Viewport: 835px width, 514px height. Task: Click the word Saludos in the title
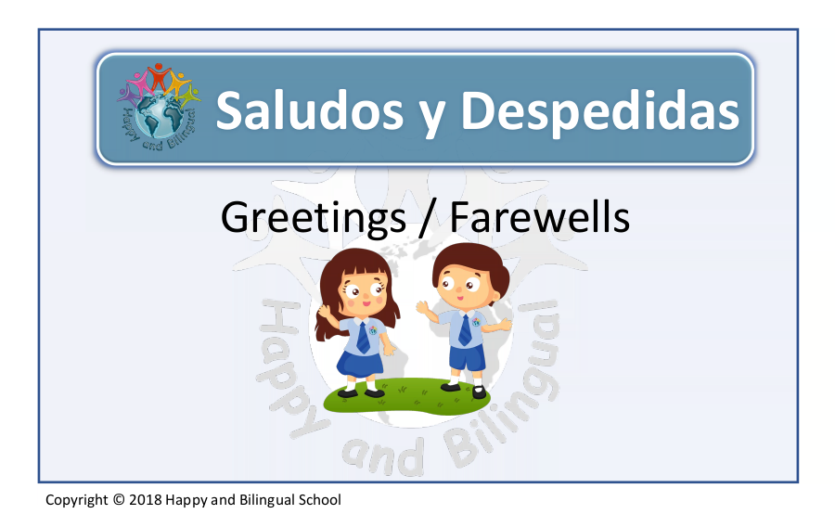tap(309, 110)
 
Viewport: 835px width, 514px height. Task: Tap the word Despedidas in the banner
tap(599, 109)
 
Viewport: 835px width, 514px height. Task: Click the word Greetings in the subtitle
tap(314, 218)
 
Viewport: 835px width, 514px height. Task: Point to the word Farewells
tap(540, 217)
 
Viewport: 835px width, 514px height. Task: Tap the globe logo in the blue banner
tap(159, 106)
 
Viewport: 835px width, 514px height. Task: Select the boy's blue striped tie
tap(465, 329)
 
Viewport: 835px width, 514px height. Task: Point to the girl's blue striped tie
tap(363, 338)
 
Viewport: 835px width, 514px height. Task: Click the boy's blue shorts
tap(467, 357)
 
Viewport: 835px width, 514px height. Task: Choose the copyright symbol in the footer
tap(119, 499)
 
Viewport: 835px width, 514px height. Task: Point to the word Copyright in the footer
tap(77, 500)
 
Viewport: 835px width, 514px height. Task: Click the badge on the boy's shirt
tap(476, 322)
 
